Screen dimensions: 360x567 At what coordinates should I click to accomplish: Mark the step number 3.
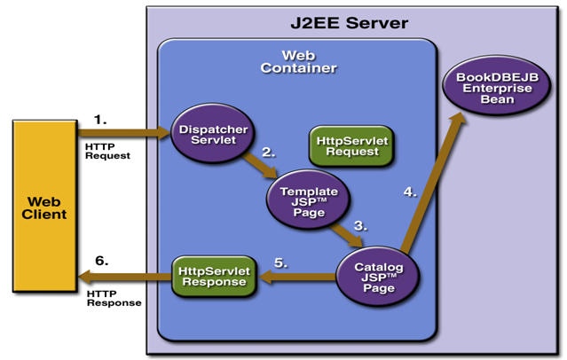[x=360, y=225]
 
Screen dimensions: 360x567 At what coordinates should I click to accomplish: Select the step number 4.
[x=409, y=191]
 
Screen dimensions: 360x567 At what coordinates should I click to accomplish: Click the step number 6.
[x=102, y=261]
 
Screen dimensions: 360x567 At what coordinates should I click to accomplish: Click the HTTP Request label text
[x=107, y=150]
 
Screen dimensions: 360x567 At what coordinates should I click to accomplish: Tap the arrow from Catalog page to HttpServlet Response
[x=296, y=278]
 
